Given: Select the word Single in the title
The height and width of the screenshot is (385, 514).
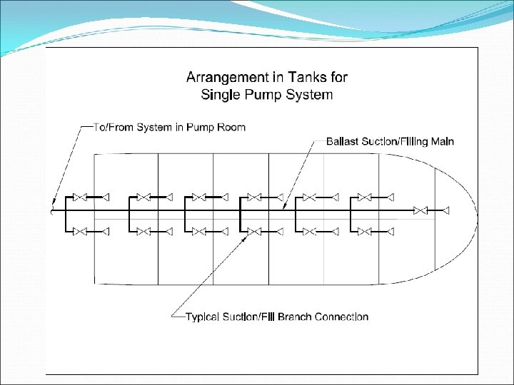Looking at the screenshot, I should click(222, 94).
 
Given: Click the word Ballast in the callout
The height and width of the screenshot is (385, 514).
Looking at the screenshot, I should click(342, 141).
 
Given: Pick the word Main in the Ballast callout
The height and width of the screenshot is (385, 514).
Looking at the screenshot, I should click(440, 141).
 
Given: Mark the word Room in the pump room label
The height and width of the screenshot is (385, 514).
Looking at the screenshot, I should click(232, 128).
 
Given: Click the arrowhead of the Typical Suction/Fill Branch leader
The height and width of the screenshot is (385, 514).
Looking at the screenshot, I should click(246, 236).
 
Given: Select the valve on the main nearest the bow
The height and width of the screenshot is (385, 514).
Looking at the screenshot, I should click(421, 210).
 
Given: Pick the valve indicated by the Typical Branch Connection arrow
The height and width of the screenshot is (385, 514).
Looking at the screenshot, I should click(253, 231).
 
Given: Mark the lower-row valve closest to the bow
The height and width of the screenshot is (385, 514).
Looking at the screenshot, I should click(365, 231).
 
